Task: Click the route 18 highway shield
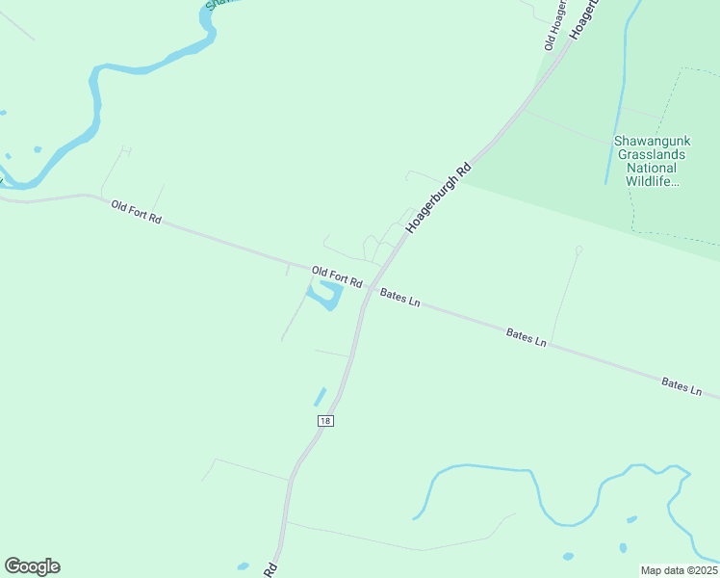(x=325, y=422)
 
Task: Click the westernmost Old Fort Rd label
(x=136, y=212)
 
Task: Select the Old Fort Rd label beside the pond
(x=337, y=276)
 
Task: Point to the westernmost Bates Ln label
(x=400, y=298)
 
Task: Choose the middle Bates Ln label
(x=527, y=337)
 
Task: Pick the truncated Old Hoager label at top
(x=554, y=25)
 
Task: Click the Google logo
(x=32, y=566)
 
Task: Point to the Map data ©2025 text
(x=680, y=570)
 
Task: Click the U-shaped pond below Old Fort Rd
(x=327, y=295)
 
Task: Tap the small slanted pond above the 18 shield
(x=320, y=396)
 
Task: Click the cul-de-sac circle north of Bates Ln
(x=579, y=250)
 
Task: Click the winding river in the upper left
(x=96, y=106)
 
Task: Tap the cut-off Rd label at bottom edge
(x=271, y=570)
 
